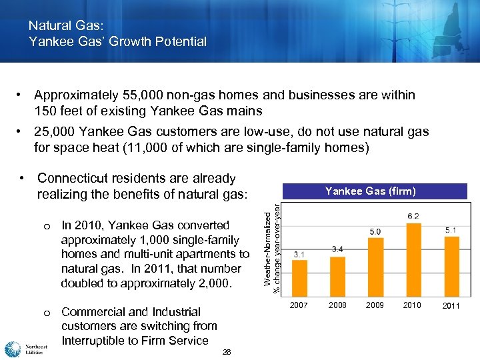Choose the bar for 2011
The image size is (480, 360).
(451, 266)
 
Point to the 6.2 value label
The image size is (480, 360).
(413, 216)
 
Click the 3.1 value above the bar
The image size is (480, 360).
(299, 253)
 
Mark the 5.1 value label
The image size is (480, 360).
(451, 230)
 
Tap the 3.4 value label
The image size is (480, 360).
(338, 249)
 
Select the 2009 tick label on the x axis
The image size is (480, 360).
(375, 305)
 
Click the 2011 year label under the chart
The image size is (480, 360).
(451, 306)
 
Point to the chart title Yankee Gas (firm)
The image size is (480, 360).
(370, 191)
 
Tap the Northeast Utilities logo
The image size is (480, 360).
(24, 349)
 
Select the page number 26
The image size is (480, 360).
(227, 352)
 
